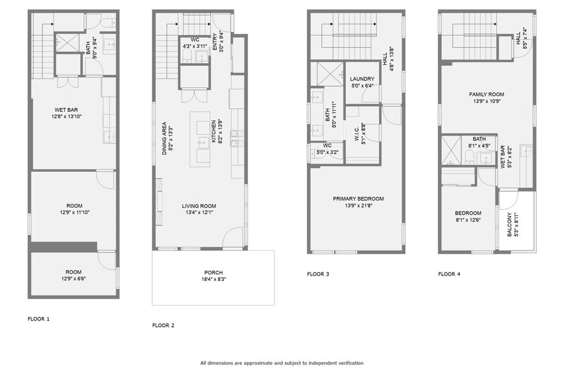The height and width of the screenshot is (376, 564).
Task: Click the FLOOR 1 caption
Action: point(38,318)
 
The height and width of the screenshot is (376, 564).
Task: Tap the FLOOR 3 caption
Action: point(318,274)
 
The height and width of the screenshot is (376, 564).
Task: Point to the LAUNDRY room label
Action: point(362,78)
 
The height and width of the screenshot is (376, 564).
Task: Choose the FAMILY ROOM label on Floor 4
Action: point(487,94)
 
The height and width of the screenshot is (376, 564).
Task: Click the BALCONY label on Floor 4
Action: point(510,224)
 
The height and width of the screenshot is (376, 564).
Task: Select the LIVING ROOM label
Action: point(199,206)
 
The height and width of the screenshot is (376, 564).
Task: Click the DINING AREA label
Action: point(164,137)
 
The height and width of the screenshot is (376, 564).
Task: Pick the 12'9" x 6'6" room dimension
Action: point(73,279)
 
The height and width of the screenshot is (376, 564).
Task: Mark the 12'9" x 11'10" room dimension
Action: point(73,212)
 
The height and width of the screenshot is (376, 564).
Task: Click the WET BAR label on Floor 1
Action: point(66,109)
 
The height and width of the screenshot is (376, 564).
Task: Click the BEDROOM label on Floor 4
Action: point(468,213)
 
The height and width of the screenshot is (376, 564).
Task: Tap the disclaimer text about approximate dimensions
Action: point(281,363)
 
